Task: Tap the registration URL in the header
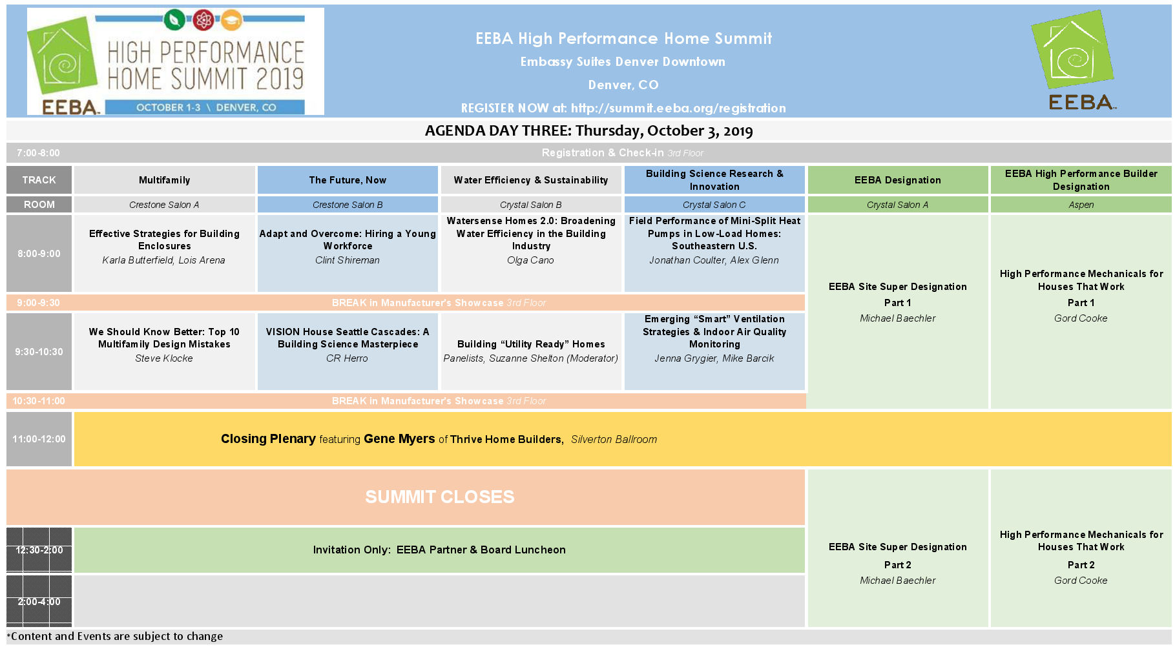coord(678,108)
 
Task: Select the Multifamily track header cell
coord(165,180)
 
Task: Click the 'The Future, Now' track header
coord(348,180)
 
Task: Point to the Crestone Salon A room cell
coord(165,205)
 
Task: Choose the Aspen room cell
coord(1081,205)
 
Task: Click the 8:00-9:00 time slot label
coord(39,254)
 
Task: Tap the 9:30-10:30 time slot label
coord(39,352)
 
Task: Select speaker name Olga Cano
coord(530,260)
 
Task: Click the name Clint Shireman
coord(348,260)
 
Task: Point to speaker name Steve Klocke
coord(164,358)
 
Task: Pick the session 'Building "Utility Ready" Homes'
coord(531,344)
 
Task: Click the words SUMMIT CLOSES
coord(440,497)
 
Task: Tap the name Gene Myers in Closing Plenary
coord(399,439)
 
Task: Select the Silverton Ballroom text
coord(614,440)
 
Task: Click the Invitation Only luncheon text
coord(439,550)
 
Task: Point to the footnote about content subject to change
coord(115,636)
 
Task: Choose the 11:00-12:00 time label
coord(39,439)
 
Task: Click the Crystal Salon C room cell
coord(714,205)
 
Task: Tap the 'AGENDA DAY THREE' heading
coord(588,130)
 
